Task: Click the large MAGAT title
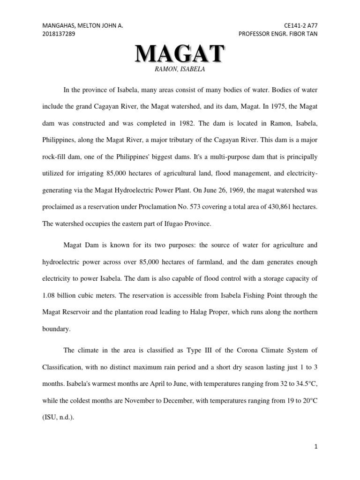tap(180, 54)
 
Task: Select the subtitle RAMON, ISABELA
tap(180, 69)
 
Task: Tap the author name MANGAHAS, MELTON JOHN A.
tap(83, 26)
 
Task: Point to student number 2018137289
tap(59, 34)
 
